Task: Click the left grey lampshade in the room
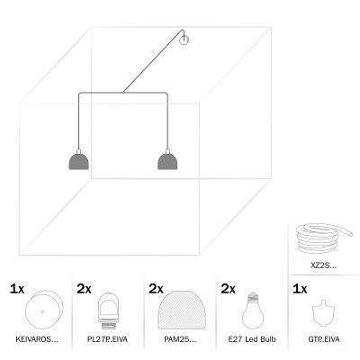click(x=78, y=162)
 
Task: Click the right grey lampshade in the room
click(x=167, y=162)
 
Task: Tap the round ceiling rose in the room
click(x=184, y=40)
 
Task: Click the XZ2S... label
click(x=324, y=265)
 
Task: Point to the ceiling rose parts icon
click(x=44, y=310)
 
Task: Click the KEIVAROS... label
click(x=37, y=339)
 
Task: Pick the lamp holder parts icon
click(x=108, y=309)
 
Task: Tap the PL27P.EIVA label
click(x=107, y=339)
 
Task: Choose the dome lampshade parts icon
click(x=182, y=310)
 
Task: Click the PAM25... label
click(x=180, y=339)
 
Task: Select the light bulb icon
click(x=253, y=310)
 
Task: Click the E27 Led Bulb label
click(x=252, y=339)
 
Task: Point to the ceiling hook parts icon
click(x=323, y=312)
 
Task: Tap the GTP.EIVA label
click(x=324, y=339)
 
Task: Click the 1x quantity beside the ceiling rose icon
click(x=17, y=289)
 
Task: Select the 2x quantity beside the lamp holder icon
click(x=84, y=289)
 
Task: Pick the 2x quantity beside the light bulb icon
click(x=229, y=289)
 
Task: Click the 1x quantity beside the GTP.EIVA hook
click(x=300, y=289)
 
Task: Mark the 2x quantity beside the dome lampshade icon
click(x=156, y=289)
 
